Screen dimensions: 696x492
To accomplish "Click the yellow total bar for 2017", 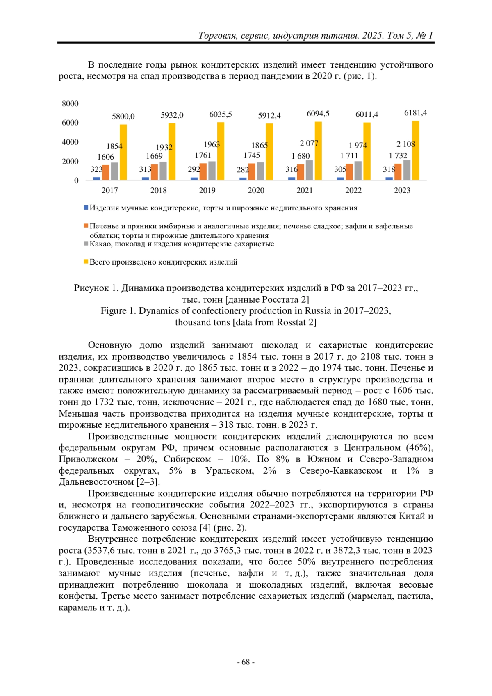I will (x=123, y=152).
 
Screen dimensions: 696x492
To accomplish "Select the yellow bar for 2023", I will (x=415, y=151).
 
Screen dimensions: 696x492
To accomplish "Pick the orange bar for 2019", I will (x=203, y=172).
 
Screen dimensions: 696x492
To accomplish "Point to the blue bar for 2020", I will (x=243, y=178).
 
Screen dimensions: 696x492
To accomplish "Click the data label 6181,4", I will (x=415, y=113).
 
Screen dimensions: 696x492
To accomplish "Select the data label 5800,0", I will (x=123, y=116).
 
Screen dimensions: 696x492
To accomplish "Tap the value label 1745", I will (x=251, y=155).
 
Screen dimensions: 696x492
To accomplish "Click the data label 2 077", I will (x=309, y=144).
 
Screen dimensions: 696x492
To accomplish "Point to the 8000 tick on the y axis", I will (x=70, y=104).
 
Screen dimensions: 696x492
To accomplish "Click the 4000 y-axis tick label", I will (x=70, y=142).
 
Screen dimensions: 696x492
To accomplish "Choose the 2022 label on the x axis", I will (x=353, y=190).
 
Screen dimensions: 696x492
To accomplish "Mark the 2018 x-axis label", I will (x=158, y=190).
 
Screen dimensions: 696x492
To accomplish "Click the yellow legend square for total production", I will (x=86, y=262).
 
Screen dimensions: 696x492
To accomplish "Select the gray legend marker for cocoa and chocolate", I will (x=86, y=244).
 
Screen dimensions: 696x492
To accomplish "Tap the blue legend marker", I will (x=86, y=208).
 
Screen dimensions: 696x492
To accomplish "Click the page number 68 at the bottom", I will (x=246, y=662).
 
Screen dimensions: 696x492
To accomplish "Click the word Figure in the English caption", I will (x=114, y=311).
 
